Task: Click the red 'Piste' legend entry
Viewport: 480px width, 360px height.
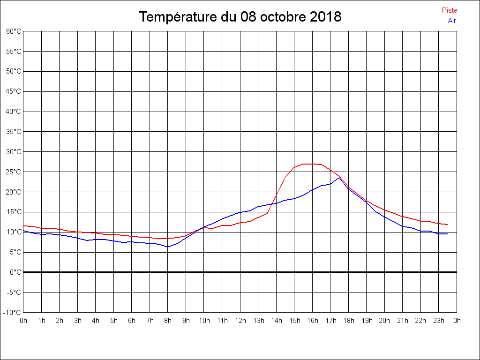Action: (449, 10)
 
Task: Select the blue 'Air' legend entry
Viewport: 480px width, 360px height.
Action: (452, 21)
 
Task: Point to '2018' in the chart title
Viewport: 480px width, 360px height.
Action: (326, 17)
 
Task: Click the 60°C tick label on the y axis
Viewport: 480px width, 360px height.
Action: (14, 31)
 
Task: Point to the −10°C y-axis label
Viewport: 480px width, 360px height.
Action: (13, 313)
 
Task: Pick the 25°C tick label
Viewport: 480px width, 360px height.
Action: (14, 172)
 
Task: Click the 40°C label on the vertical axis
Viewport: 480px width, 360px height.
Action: (14, 112)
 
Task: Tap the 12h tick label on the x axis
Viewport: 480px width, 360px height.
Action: (240, 321)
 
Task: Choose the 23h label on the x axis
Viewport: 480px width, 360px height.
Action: (439, 321)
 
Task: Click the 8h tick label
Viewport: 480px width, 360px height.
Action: (168, 321)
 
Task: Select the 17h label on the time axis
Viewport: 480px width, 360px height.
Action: (330, 321)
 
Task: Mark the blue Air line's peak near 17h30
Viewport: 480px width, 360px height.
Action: (339, 177)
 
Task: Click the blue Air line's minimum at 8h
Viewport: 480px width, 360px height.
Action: (168, 247)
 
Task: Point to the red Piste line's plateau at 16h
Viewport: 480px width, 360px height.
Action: (313, 164)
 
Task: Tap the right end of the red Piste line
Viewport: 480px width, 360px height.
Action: (448, 225)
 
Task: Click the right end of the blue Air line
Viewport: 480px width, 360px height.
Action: (448, 233)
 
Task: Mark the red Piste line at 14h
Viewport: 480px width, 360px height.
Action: (277, 194)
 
